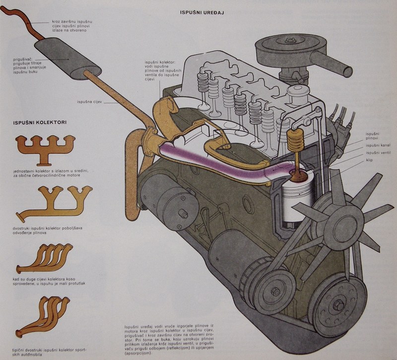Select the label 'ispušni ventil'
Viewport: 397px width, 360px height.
375,152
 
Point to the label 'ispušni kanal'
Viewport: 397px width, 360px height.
375,146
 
